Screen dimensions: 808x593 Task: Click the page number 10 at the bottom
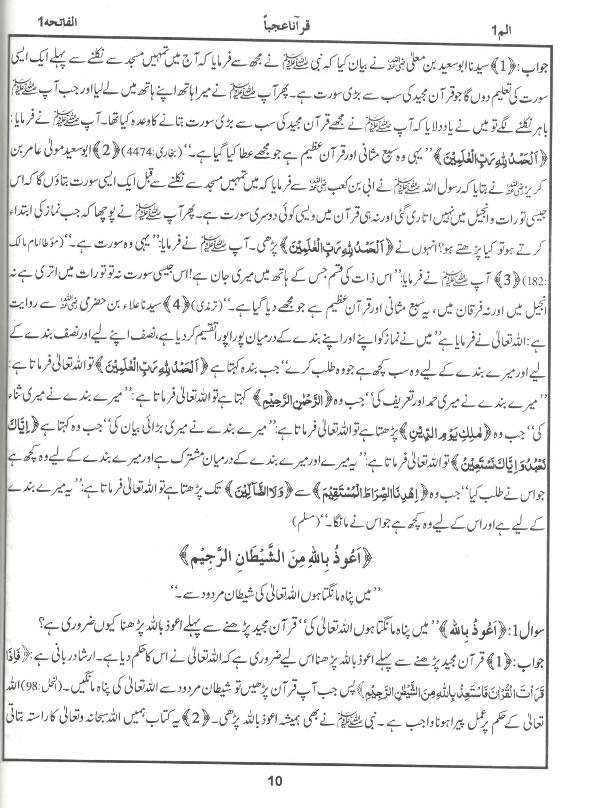coord(275,781)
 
